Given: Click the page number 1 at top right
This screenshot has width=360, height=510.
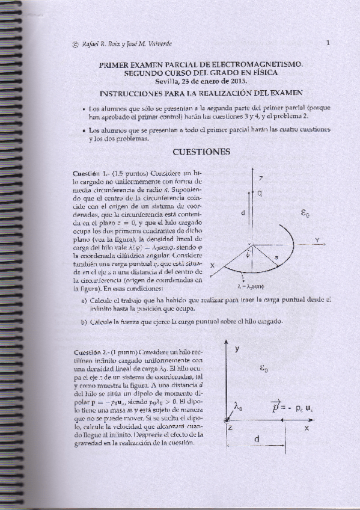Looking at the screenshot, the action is pos(328,43).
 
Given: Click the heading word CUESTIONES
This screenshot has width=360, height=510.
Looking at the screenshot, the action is pos(201,152).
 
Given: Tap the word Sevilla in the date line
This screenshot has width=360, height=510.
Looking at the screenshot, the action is pos(167,80).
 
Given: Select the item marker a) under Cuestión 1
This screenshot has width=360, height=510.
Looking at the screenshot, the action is pos(84,301).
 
